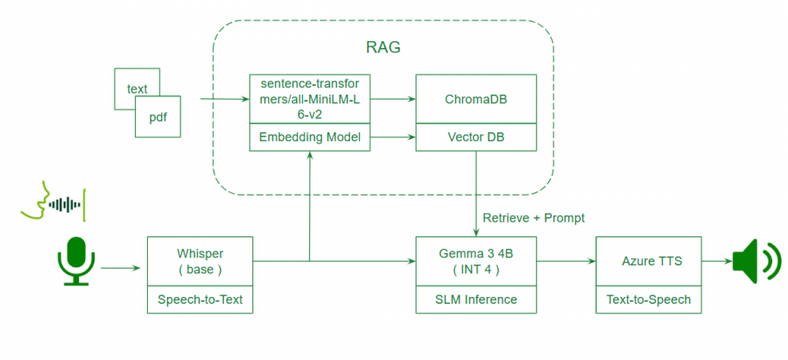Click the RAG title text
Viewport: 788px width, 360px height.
point(383,47)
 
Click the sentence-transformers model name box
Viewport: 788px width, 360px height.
point(310,99)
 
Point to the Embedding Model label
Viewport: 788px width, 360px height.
point(310,138)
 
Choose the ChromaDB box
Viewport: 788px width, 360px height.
point(475,99)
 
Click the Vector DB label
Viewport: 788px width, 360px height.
point(475,138)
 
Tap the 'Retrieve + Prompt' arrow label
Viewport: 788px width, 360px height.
point(532,217)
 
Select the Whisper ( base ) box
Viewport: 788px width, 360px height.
point(200,260)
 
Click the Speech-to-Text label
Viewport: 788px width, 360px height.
point(200,300)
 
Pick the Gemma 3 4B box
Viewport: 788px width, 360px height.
point(476,260)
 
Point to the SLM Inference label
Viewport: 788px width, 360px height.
point(476,300)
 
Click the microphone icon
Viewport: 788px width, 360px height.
point(76,260)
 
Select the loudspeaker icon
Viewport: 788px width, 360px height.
point(755,260)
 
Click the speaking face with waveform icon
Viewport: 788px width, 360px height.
point(54,203)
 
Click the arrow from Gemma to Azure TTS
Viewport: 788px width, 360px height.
point(566,260)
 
